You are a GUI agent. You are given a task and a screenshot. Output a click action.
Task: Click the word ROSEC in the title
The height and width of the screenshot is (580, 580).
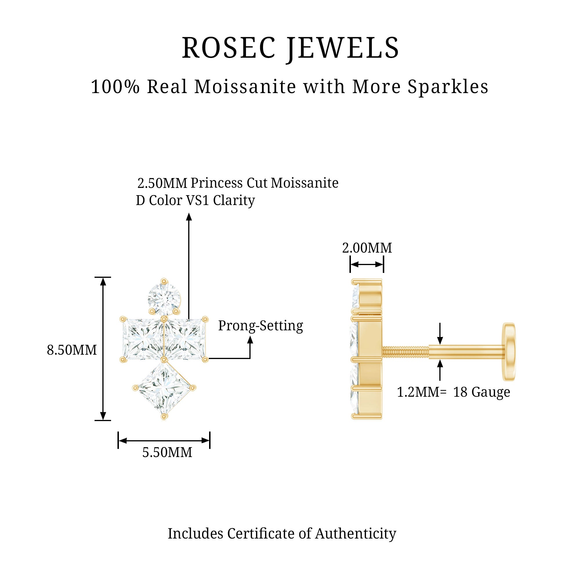229,48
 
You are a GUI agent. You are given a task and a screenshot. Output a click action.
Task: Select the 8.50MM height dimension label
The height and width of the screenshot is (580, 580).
72,350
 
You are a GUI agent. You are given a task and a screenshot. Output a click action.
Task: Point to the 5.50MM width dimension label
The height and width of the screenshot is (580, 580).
167,453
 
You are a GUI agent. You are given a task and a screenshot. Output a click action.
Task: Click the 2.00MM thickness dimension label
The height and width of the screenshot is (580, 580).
367,248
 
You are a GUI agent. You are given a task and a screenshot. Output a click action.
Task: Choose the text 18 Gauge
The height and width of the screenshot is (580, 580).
481,392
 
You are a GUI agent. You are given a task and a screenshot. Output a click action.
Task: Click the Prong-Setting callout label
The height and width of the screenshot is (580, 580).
261,326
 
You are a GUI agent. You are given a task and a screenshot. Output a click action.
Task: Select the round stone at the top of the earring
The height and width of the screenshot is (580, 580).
164,299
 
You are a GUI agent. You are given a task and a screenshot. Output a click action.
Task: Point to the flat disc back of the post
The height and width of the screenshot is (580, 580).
509,352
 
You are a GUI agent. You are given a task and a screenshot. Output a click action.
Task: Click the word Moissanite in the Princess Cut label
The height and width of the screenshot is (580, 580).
305,183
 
